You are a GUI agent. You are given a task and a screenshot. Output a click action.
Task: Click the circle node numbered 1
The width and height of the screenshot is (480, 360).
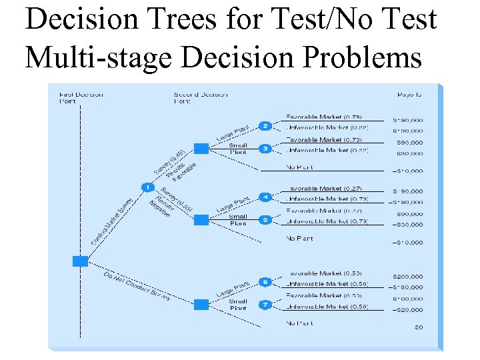[144, 186]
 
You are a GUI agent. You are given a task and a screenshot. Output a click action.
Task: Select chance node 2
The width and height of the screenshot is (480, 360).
[265, 127]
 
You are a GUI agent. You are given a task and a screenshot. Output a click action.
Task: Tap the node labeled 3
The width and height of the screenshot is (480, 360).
[265, 149]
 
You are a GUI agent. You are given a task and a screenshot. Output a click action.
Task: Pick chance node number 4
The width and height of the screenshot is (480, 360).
[265, 197]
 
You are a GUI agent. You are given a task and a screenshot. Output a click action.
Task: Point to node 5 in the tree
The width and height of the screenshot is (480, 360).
[265, 219]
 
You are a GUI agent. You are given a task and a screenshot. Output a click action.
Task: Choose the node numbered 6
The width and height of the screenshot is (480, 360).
[265, 282]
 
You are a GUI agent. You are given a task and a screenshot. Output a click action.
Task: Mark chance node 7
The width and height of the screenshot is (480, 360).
[265, 304]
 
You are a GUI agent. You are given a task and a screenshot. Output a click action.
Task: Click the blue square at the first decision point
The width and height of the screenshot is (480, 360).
[80, 261]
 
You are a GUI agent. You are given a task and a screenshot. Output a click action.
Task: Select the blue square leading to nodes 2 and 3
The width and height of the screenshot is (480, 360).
[201, 149]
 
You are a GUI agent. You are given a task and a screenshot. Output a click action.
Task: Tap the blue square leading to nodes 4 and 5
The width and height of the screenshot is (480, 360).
[201, 219]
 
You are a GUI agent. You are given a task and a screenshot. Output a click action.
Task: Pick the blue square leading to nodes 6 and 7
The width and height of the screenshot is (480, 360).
[201, 304]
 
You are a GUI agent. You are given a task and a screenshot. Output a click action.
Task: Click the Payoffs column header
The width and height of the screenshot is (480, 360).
[409, 95]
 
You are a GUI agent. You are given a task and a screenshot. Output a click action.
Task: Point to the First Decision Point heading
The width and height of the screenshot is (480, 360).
[81, 98]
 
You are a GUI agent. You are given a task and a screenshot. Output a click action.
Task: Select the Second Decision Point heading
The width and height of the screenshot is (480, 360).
[200, 98]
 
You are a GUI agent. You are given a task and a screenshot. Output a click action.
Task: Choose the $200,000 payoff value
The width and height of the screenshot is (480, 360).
[407, 276]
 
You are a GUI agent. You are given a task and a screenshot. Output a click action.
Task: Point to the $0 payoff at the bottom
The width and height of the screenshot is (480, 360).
[418, 327]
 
